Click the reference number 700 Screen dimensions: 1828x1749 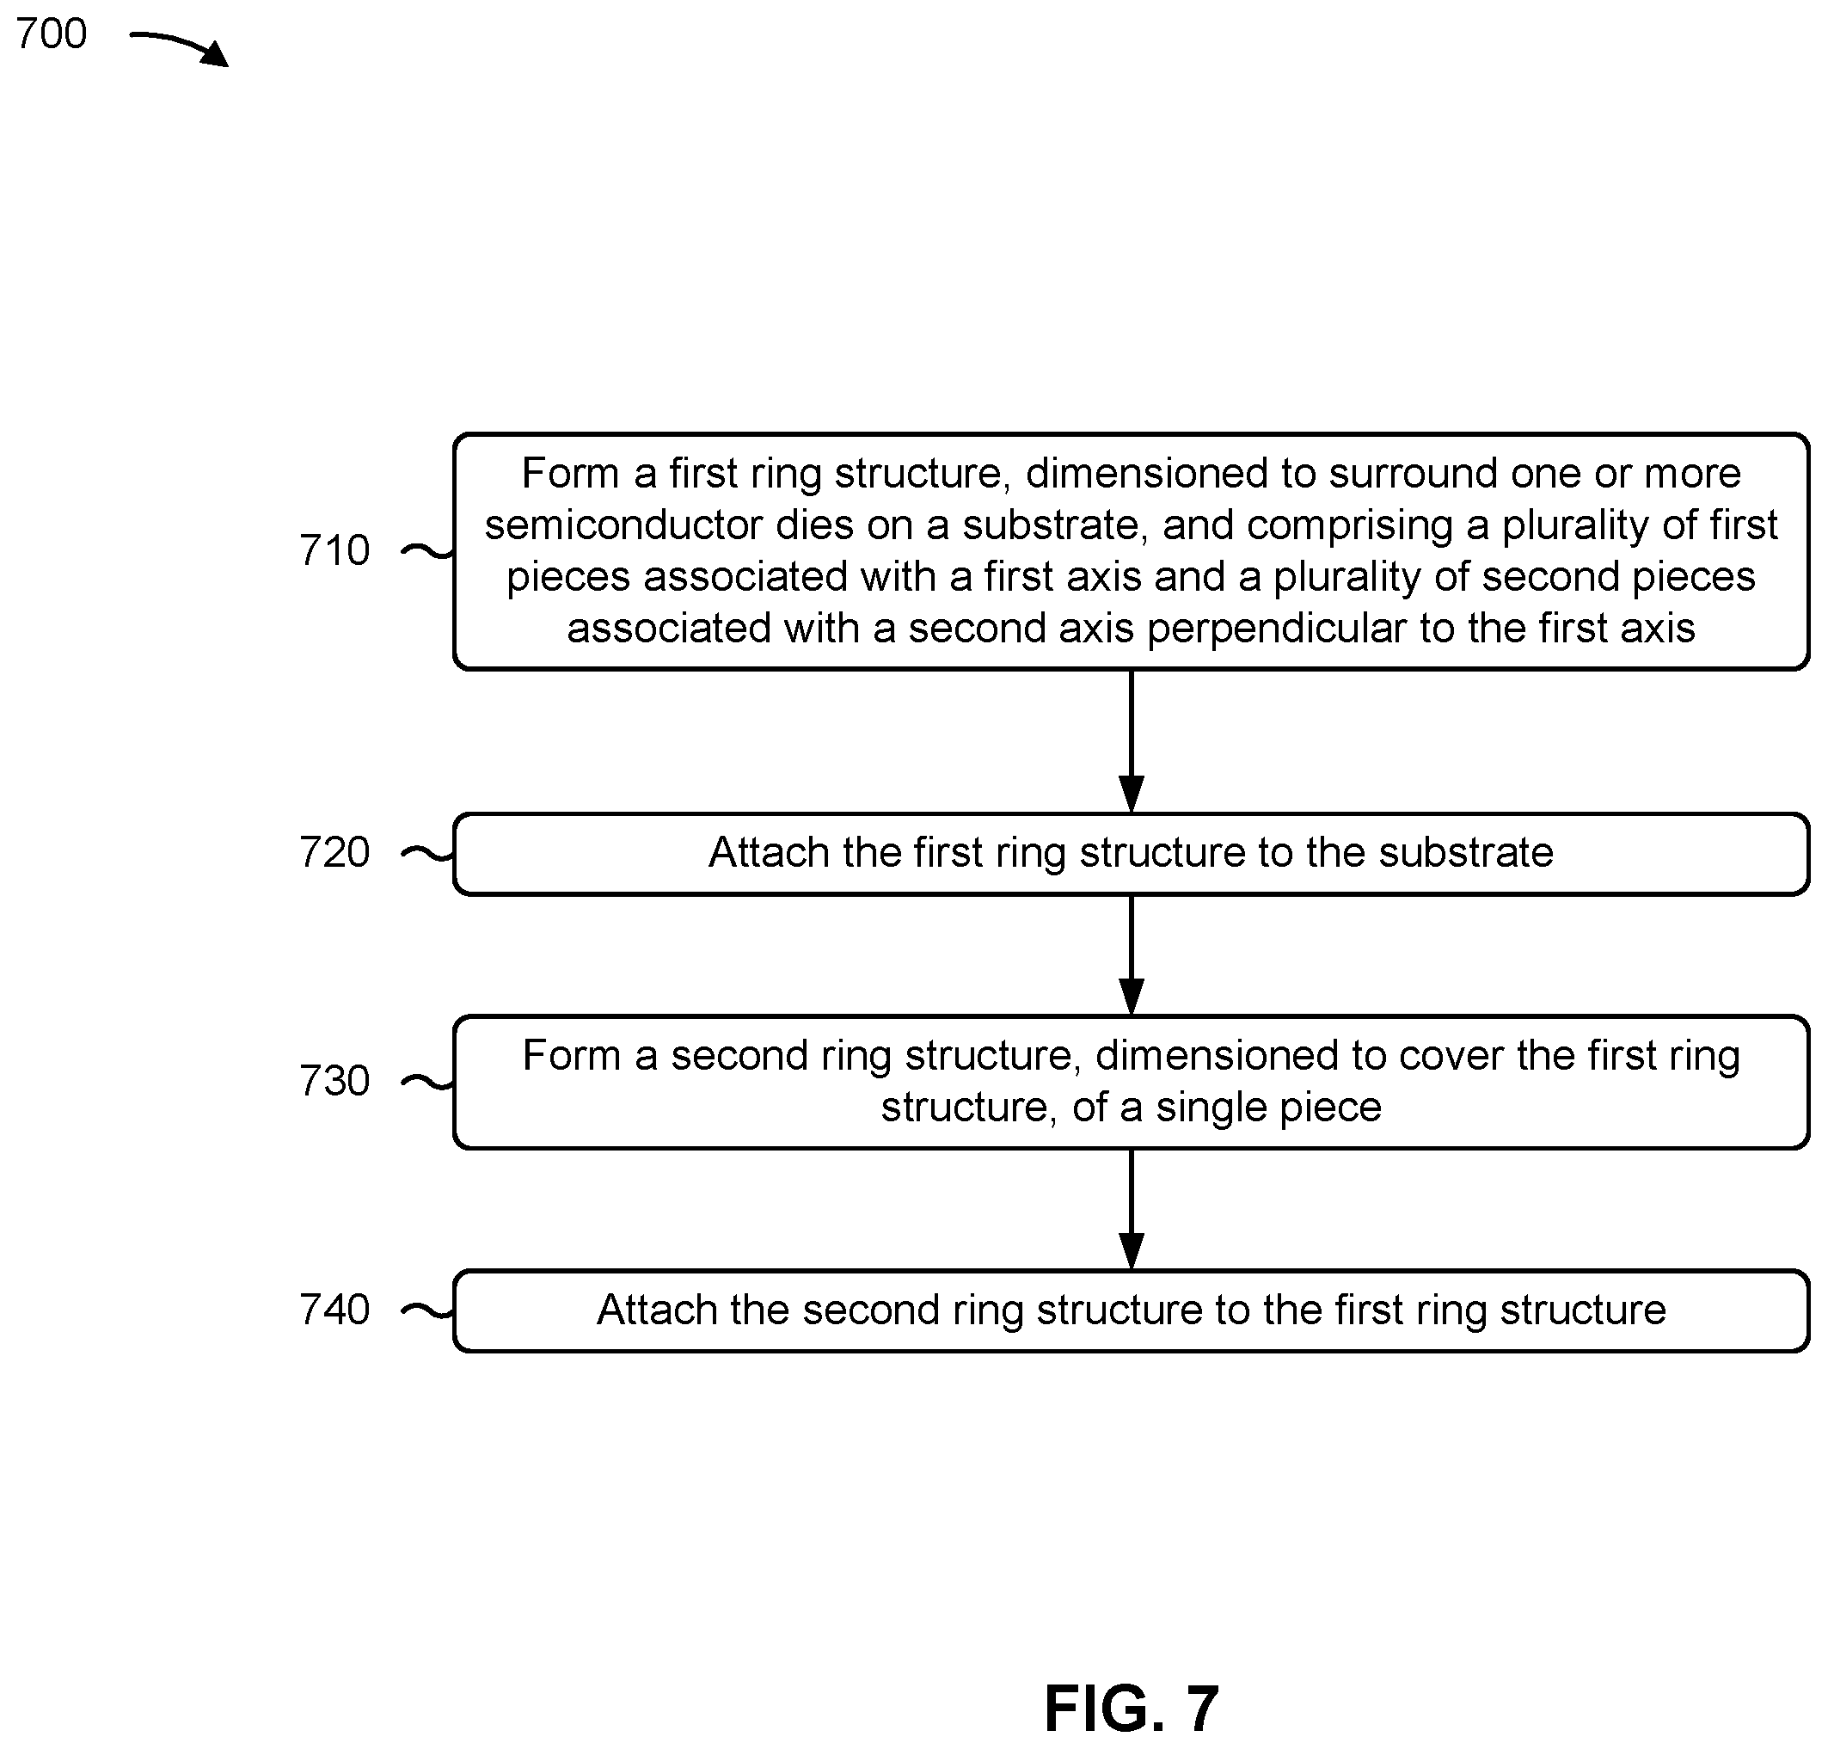[52, 34]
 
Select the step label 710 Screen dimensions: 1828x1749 [334, 550]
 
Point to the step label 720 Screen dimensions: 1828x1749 [334, 852]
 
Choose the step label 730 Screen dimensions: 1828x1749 [334, 1081]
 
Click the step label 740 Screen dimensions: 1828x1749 [334, 1310]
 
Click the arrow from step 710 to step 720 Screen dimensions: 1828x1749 [1131, 741]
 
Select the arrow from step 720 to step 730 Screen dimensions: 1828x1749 [1131, 955]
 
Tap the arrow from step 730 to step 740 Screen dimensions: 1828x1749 [1131, 1209]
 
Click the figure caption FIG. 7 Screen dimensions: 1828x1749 [1131, 1708]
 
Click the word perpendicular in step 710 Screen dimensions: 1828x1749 [1277, 629]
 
